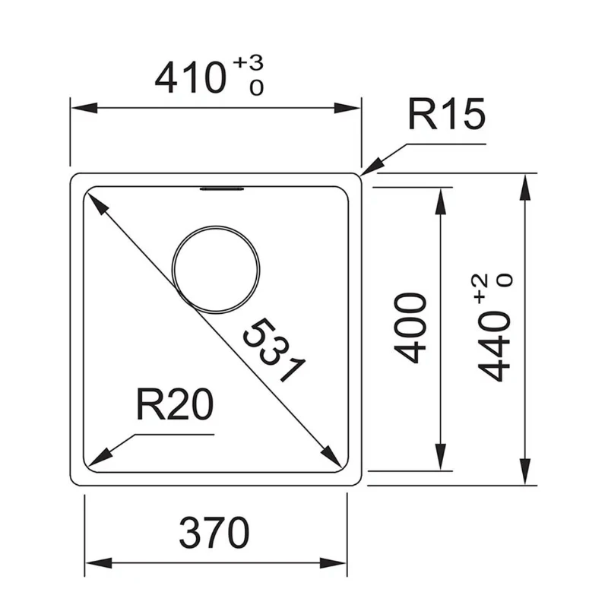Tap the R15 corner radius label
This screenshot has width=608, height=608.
445,116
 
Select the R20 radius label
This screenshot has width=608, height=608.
174,406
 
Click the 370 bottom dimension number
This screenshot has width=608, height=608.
214,534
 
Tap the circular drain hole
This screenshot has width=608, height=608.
217,269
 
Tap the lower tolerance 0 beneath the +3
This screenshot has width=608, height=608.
256,87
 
